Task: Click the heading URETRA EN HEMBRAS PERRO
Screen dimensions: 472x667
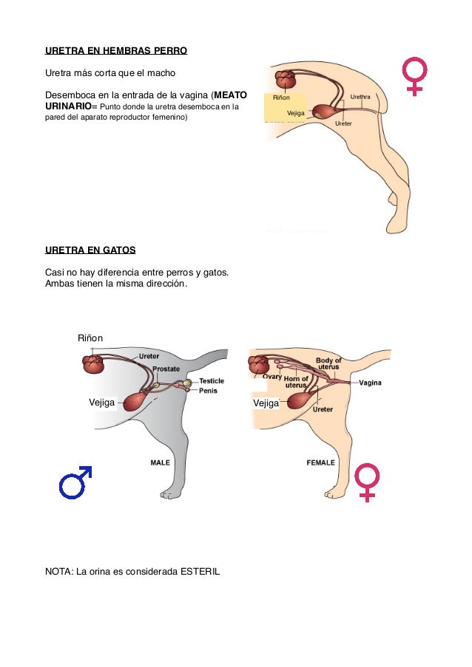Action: tap(116, 52)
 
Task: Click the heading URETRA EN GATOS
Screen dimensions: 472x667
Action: tap(90, 250)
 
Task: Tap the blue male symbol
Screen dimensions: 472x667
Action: tap(75, 482)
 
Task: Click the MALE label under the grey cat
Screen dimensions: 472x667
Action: tap(161, 462)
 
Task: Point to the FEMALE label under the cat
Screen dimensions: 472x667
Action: tap(320, 462)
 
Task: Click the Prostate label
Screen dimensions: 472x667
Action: tap(166, 368)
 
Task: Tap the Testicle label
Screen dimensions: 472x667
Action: tap(212, 381)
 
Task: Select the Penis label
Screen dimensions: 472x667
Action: tap(208, 391)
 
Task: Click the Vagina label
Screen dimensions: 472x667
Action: tap(371, 383)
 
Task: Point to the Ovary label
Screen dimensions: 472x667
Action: tap(272, 376)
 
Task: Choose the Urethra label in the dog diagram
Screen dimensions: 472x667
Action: tap(360, 97)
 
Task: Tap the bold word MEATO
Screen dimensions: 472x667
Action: tap(231, 95)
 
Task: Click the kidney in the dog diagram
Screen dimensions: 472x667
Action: tap(286, 79)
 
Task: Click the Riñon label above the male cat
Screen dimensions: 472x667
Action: tap(90, 338)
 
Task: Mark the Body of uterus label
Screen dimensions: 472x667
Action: tap(328, 363)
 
